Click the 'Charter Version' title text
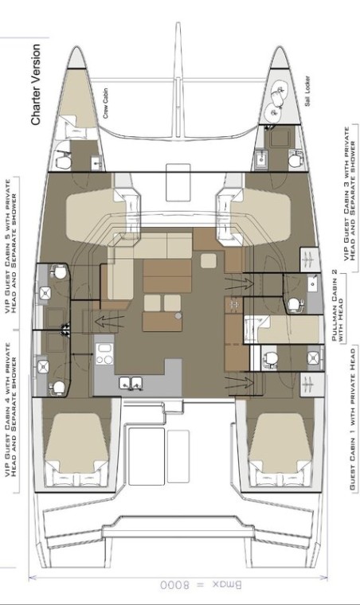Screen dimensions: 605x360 [x=37, y=85]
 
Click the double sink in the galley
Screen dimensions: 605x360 [x=131, y=384]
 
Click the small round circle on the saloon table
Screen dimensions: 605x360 [x=178, y=315]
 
